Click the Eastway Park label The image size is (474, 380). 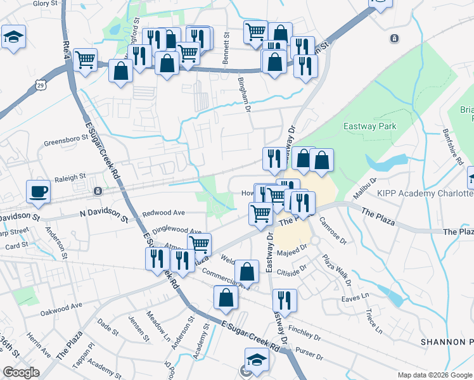pyautogui.click(x=369, y=126)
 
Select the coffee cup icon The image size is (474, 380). pyautogui.click(x=39, y=191)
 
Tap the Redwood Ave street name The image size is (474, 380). pyautogui.click(x=163, y=213)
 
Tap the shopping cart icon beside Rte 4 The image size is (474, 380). pyautogui.click(x=85, y=60)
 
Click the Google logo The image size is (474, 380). pyautogui.click(x=22, y=372)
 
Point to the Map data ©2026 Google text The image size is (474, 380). pyautogui.click(x=434, y=374)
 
